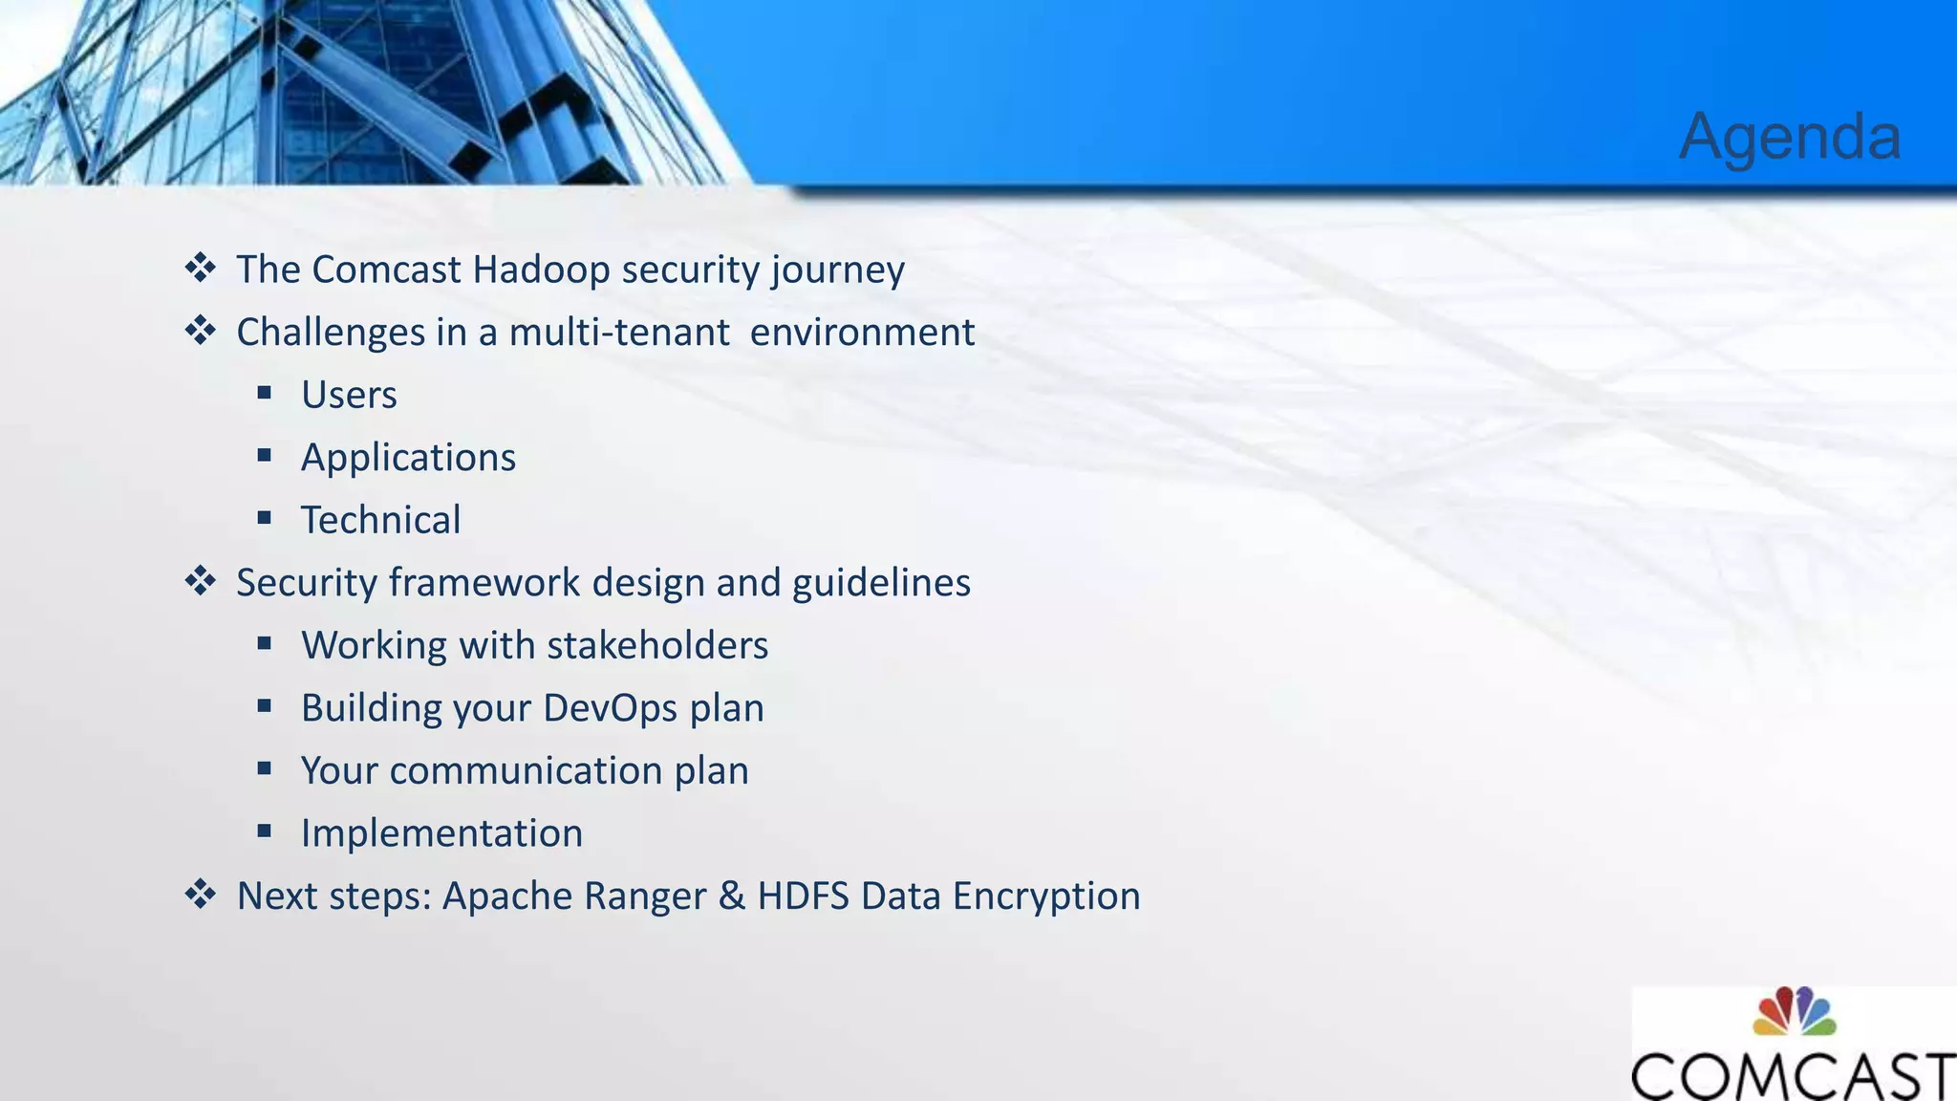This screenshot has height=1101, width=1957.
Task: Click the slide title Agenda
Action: pyautogui.click(x=1790, y=137)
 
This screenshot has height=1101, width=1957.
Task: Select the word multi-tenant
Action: pyautogui.click(x=619, y=333)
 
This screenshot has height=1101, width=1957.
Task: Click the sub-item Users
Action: pyautogui.click(x=349, y=395)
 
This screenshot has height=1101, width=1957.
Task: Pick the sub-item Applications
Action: pyautogui.click(x=408, y=458)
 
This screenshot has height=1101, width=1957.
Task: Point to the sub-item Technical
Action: pyautogui.click(x=380, y=520)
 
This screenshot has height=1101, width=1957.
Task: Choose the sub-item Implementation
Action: pyautogui.click(x=441, y=833)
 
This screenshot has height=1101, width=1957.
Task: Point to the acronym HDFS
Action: pyautogui.click(x=803, y=896)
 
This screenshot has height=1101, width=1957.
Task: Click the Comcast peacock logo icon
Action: pyautogui.click(x=1794, y=1012)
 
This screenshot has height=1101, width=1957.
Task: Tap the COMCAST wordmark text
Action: pyautogui.click(x=1794, y=1076)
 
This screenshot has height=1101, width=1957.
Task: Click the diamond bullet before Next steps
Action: pyautogui.click(x=201, y=895)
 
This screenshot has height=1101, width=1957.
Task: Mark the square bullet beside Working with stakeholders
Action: pyautogui.click(x=265, y=644)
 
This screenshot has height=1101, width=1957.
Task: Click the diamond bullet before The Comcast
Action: pyautogui.click(x=201, y=268)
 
